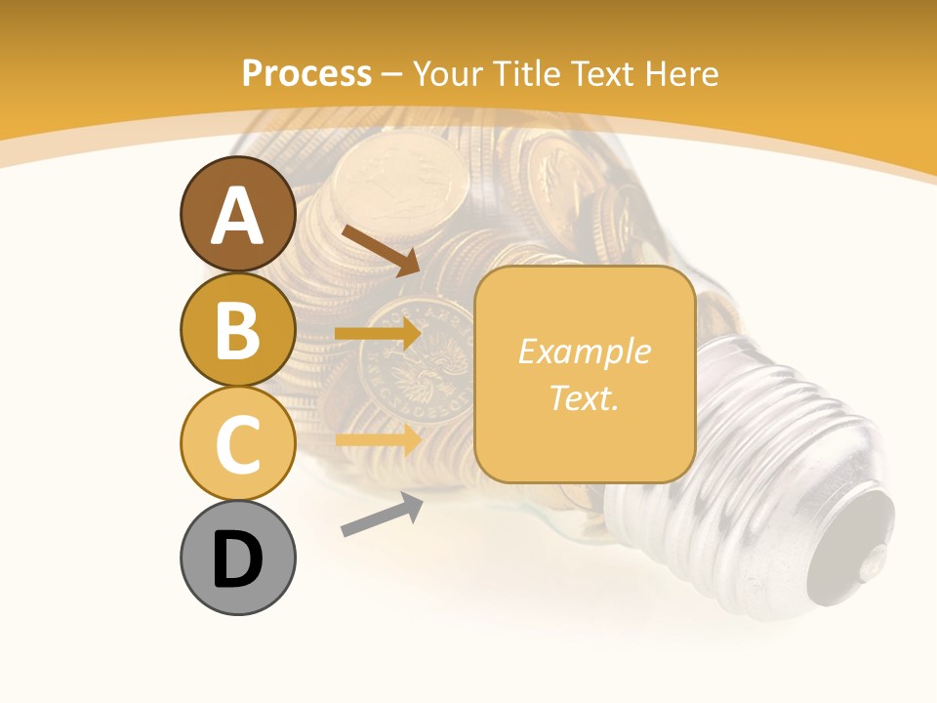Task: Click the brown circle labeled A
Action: coord(237,214)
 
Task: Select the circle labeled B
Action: coord(237,329)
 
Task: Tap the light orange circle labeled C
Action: coord(237,442)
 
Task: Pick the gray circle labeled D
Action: coord(237,558)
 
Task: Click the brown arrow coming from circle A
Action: coord(381,250)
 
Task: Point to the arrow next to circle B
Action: coord(378,334)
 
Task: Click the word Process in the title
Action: coord(306,74)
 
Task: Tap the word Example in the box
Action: coord(584,351)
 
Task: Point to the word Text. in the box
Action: coord(584,398)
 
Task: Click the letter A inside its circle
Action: coord(237,217)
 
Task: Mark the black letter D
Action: coord(237,559)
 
